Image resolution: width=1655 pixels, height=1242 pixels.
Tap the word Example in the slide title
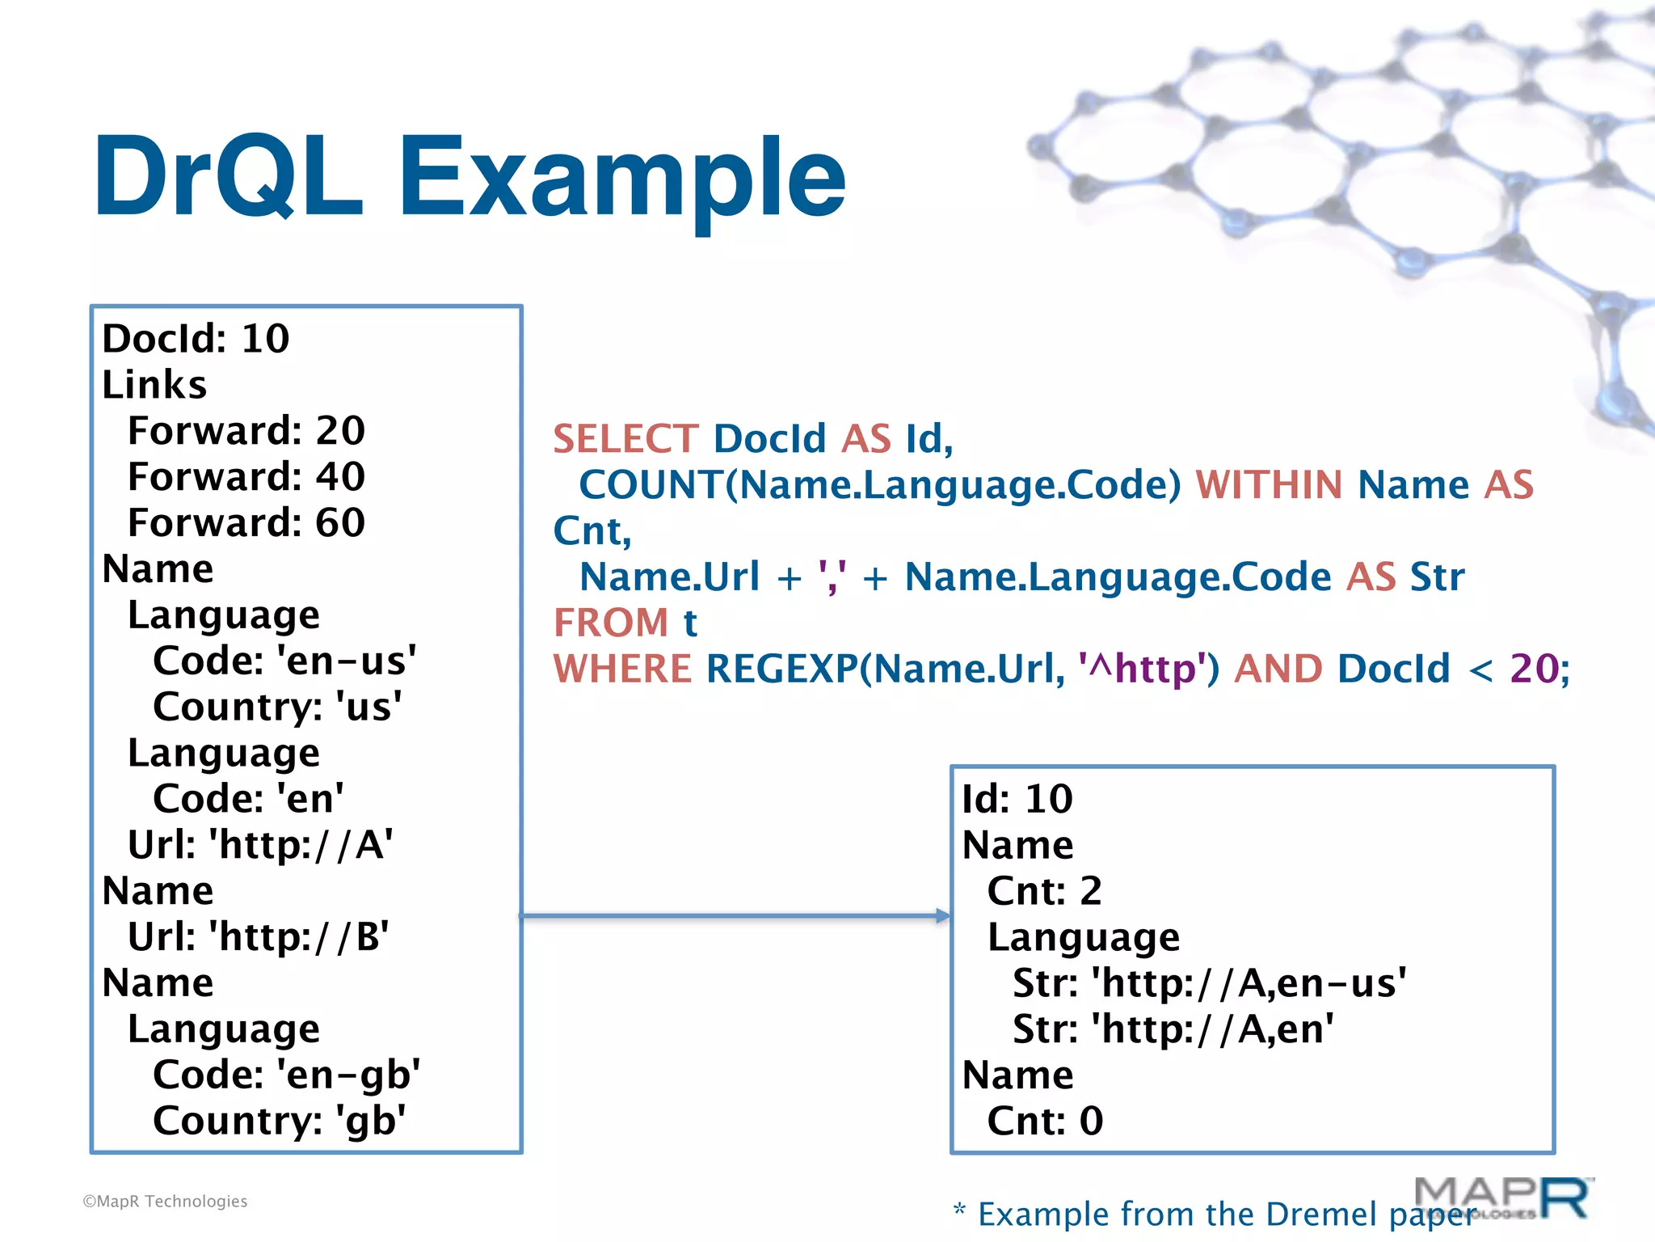pos(622,180)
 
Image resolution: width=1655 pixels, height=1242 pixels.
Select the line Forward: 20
pos(246,430)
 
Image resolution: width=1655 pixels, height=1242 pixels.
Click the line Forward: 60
pos(246,522)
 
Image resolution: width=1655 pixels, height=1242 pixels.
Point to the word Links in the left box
pos(154,384)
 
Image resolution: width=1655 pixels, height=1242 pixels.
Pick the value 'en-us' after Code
pos(347,661)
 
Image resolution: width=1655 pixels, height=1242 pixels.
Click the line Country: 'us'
pos(277,707)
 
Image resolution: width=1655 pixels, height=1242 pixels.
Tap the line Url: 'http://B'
pos(258,936)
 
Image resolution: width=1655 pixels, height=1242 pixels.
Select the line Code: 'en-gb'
pos(286,1075)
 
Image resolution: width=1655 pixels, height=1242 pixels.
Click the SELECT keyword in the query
pos(625,439)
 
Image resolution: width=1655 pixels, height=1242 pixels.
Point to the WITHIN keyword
pos(1269,485)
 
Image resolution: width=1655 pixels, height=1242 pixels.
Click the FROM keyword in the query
pos(611,623)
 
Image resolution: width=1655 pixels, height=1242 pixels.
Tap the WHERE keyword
pos(622,669)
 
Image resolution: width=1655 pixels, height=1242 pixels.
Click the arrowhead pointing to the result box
pos(942,915)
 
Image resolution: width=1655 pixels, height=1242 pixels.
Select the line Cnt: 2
pos(1044,891)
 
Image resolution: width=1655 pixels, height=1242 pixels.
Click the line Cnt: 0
pos(1044,1121)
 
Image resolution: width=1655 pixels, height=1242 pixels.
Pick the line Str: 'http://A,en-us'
pos(1209,983)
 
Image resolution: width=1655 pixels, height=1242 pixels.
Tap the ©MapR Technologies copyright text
pos(165,1202)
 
